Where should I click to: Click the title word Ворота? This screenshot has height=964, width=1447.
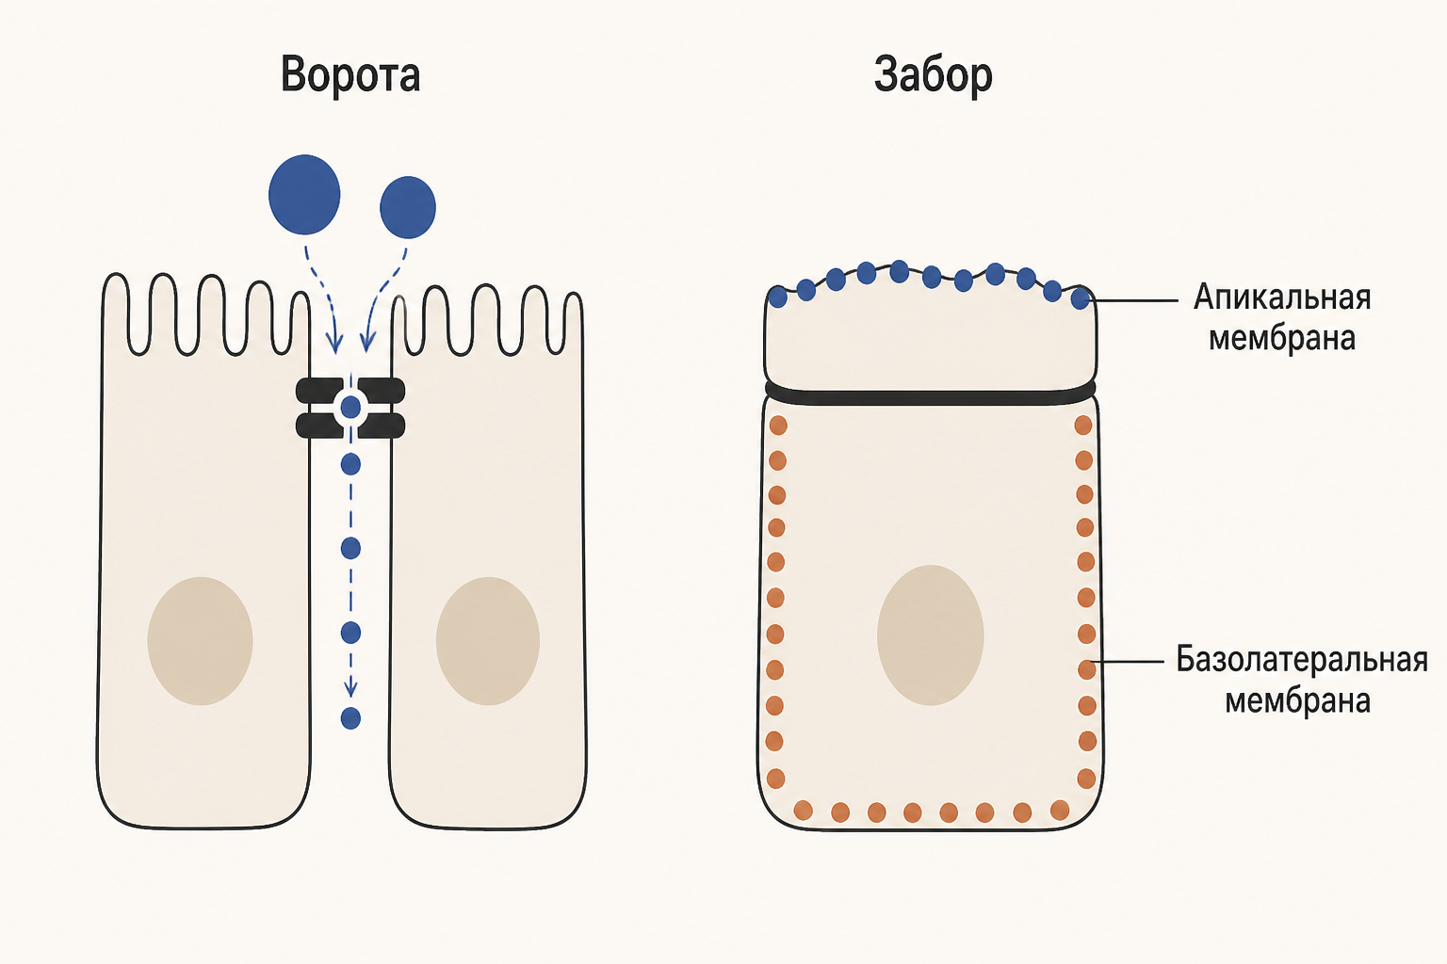coord(350,75)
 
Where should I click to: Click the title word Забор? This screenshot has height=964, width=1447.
coord(933,75)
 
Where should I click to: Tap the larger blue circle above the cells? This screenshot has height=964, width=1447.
coord(304,194)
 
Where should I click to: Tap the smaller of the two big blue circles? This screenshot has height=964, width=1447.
coord(408,207)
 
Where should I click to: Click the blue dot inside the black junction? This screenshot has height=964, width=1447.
coord(350,408)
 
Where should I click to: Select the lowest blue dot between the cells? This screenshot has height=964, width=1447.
coord(350,718)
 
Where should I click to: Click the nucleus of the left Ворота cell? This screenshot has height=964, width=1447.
coord(201,640)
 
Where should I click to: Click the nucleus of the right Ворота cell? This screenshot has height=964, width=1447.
coord(488,640)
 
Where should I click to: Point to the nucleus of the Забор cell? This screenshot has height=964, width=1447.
coord(930,635)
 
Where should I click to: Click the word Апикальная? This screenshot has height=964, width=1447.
coord(1281,297)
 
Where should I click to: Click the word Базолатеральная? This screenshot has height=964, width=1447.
coord(1301,660)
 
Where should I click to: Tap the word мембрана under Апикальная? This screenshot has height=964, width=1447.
coord(1281,338)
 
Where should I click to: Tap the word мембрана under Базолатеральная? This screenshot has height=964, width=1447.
coord(1298,700)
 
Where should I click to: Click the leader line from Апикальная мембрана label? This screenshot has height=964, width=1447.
coord(1133,300)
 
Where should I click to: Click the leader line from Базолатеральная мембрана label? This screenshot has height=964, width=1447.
coord(1127,662)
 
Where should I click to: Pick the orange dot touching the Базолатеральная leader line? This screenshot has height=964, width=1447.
coord(1087,669)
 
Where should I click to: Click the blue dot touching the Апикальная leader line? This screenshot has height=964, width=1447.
coord(1081,299)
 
